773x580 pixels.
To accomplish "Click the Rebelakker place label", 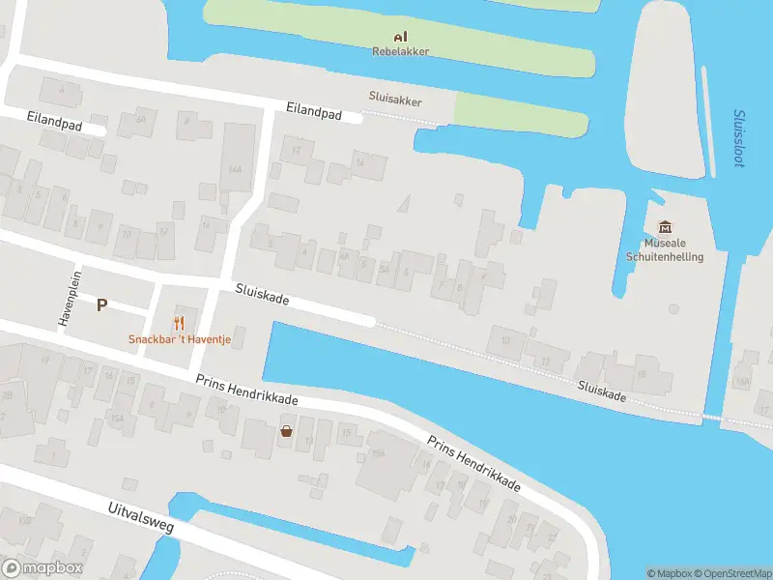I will [x=400, y=51].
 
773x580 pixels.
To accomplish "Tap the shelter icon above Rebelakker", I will [x=400, y=38].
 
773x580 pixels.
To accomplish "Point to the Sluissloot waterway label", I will [x=739, y=137].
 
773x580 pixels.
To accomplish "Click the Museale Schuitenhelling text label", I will [x=664, y=250].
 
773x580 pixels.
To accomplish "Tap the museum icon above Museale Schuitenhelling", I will [x=665, y=227].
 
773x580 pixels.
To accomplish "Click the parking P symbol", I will [x=101, y=304].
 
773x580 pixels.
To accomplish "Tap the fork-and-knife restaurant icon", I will [x=179, y=323].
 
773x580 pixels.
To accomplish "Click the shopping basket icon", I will [x=286, y=431].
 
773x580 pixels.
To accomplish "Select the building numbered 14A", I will [x=235, y=168].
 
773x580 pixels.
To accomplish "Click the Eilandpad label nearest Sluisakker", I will [x=314, y=112].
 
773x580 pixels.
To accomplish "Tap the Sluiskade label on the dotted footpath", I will [x=602, y=391].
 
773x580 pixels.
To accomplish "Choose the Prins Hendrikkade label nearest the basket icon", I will [x=246, y=391].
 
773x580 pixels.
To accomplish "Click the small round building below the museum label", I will [x=673, y=309].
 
